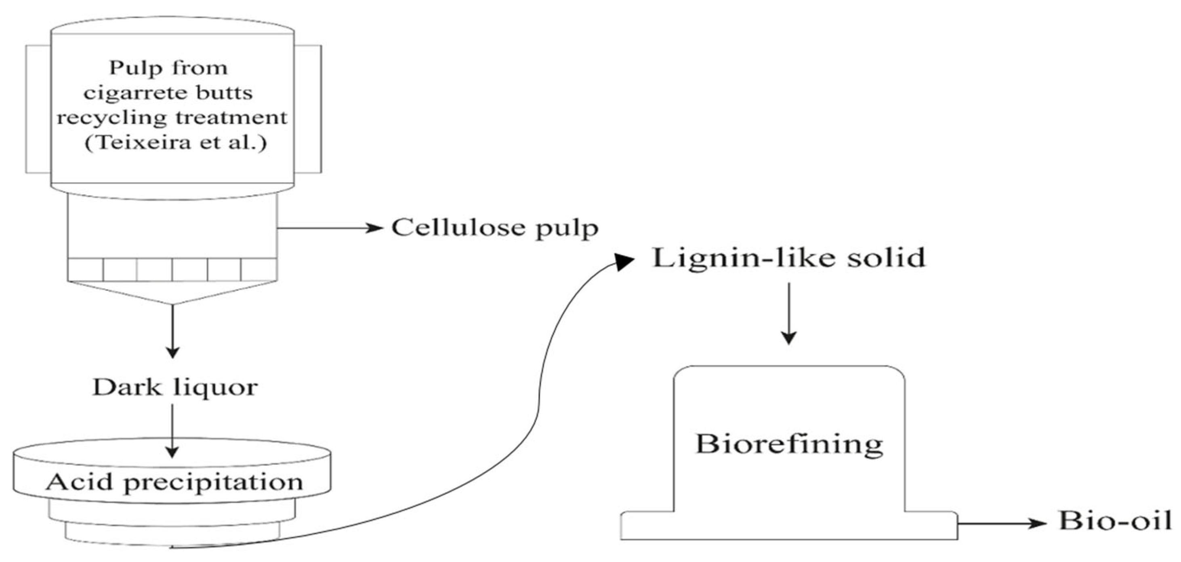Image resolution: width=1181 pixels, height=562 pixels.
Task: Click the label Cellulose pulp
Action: click(495, 228)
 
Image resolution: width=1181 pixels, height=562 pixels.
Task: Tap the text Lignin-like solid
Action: click(788, 258)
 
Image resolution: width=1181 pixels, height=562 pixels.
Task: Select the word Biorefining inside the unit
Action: click(788, 444)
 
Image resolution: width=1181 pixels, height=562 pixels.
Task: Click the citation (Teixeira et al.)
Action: click(176, 143)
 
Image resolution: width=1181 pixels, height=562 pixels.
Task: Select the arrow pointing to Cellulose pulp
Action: click(330, 228)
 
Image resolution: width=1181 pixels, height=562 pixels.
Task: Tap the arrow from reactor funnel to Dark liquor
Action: click(172, 330)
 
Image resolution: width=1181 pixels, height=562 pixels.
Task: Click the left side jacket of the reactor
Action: click(38, 109)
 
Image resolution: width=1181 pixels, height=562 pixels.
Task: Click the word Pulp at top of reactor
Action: click(129, 68)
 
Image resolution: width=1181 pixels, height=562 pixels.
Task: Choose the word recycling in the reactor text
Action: click(111, 118)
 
